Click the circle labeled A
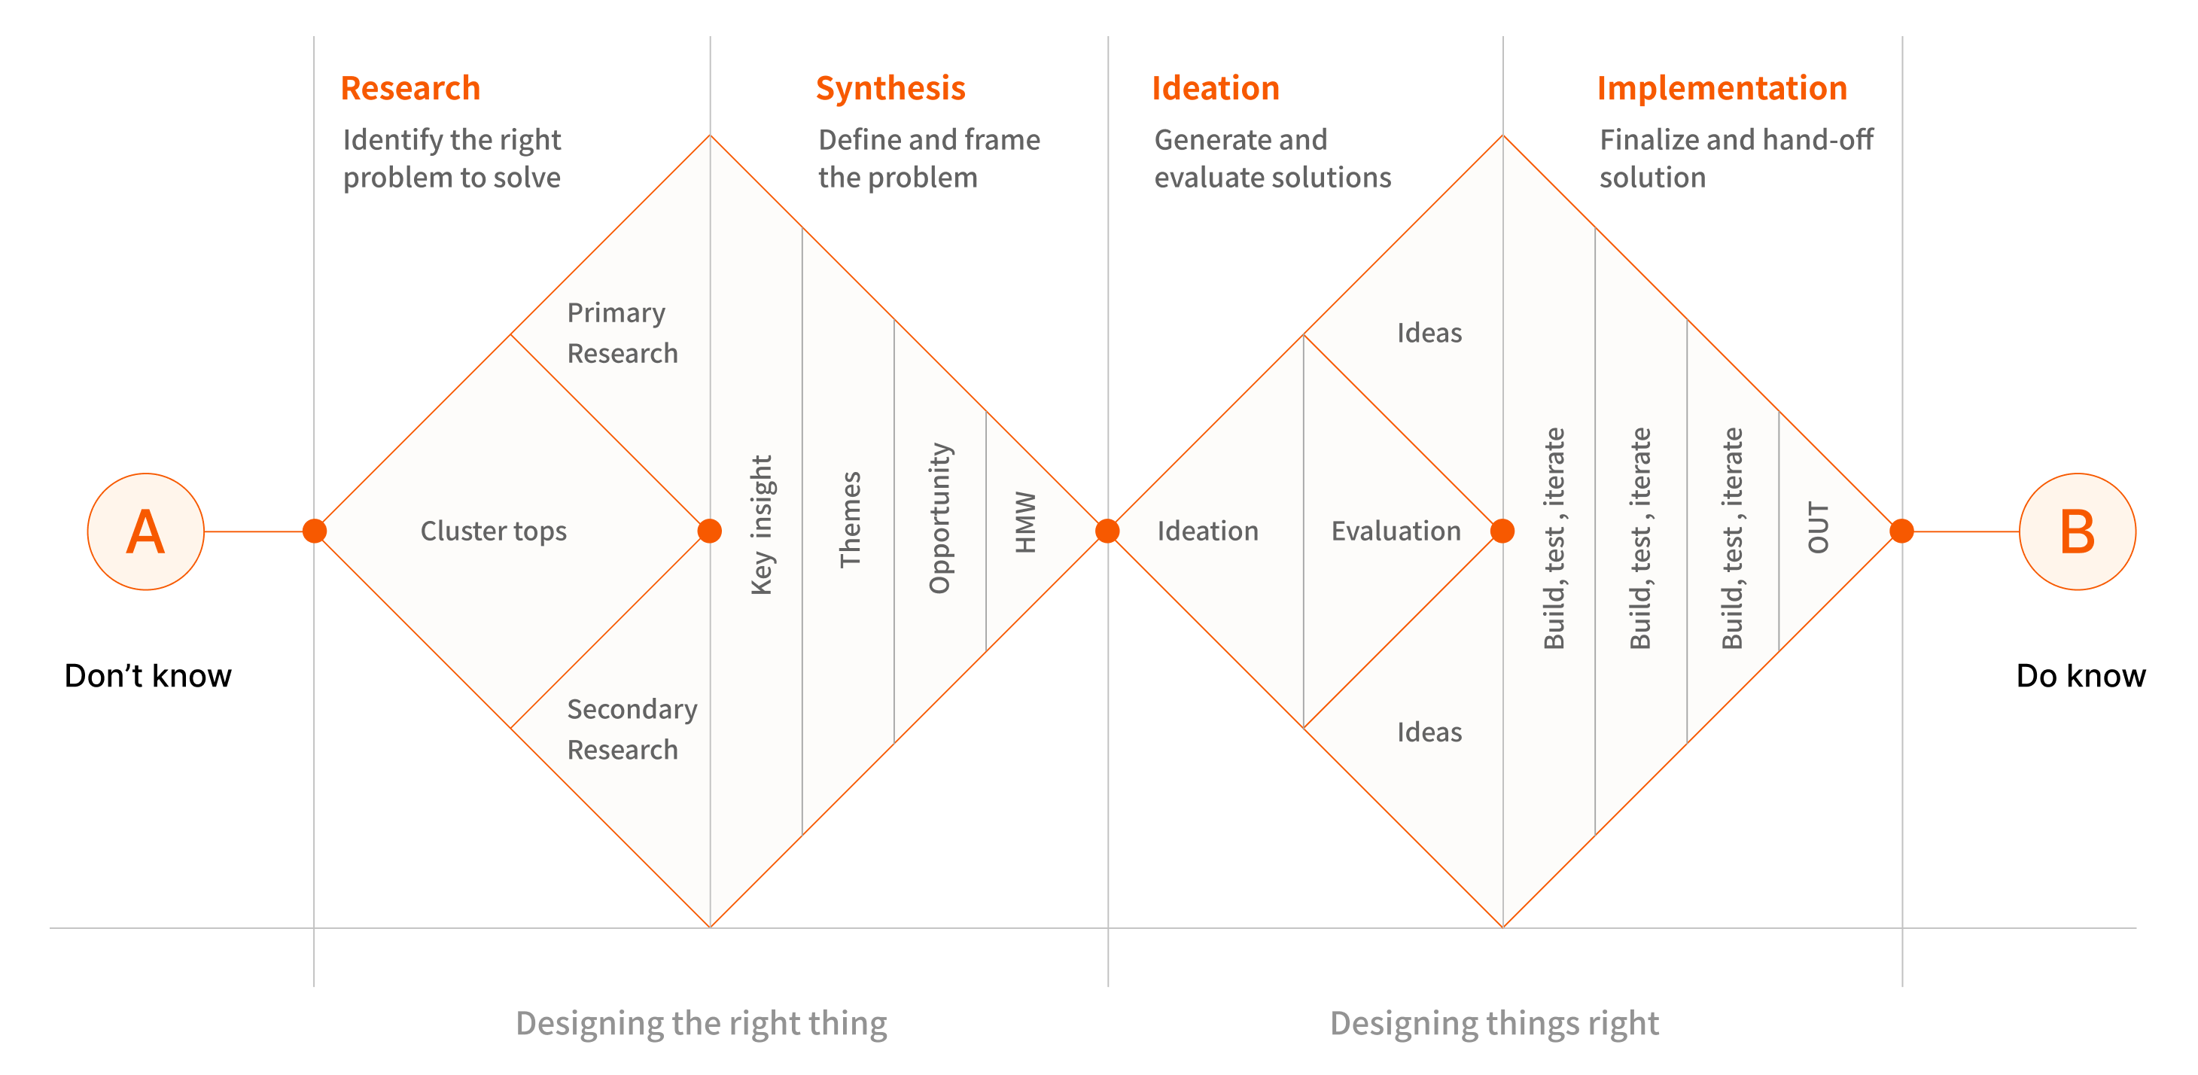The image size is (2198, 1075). (146, 531)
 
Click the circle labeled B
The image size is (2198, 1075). (2077, 531)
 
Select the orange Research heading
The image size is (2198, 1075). (410, 89)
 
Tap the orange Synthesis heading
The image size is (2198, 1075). (890, 89)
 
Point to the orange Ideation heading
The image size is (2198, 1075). (1215, 89)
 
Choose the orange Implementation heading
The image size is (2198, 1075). (1721, 89)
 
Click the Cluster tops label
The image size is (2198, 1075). (493, 531)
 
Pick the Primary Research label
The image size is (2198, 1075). (622, 333)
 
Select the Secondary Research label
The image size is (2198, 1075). (632, 729)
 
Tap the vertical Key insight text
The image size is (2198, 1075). (761, 525)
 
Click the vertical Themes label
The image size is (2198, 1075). (851, 519)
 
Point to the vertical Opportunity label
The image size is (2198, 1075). (939, 518)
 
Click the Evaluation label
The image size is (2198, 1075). (1396, 531)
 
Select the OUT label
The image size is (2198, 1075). (1819, 527)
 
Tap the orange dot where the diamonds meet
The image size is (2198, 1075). (1107, 531)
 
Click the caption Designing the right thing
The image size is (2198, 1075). (702, 1023)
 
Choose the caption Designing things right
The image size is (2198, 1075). (1494, 1023)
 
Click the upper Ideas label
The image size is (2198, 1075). (1429, 333)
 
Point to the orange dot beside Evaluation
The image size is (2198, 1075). (1502, 531)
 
